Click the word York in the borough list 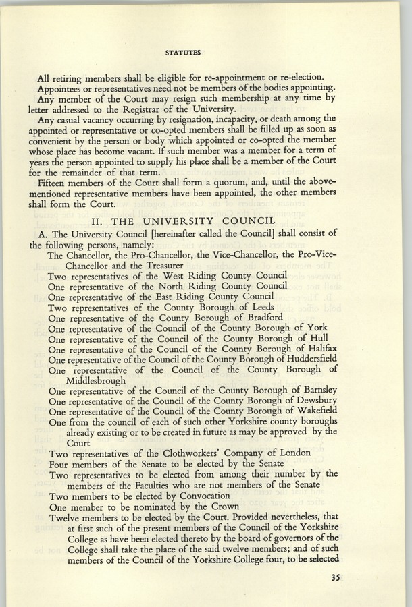(x=317, y=328)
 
